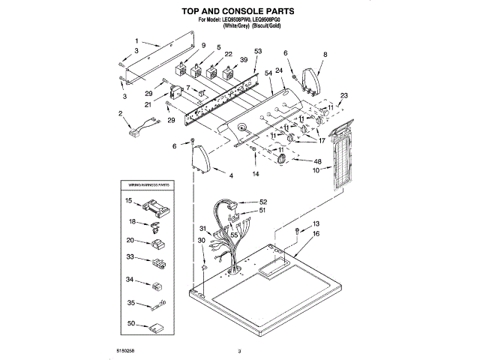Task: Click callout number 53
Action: point(258,51)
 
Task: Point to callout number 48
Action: point(318,161)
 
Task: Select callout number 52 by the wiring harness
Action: point(262,202)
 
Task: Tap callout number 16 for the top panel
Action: point(316,235)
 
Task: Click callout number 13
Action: point(316,224)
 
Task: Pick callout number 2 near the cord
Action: point(121,113)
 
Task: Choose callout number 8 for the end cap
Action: point(325,55)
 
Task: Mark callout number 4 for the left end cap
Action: point(231,175)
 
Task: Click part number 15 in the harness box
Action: point(129,200)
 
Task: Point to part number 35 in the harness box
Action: point(130,304)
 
